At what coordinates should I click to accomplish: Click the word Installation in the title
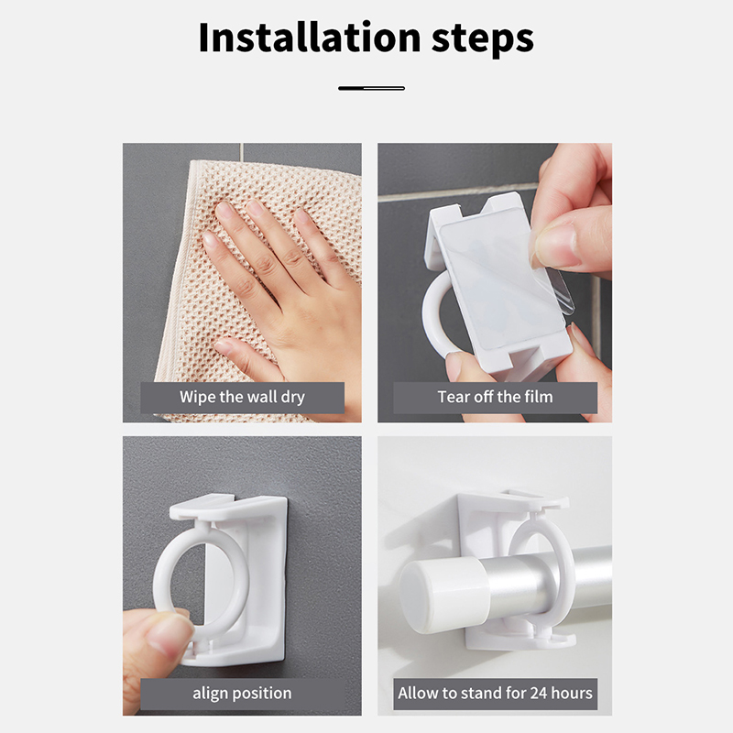(x=310, y=38)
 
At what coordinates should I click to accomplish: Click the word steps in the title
(x=483, y=39)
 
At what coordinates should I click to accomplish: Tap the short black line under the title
(x=371, y=88)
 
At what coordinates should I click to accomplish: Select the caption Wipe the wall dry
(x=242, y=397)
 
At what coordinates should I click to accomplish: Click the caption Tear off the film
(x=495, y=397)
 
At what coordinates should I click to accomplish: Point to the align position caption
(x=242, y=693)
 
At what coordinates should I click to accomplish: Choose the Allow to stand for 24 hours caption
(x=495, y=693)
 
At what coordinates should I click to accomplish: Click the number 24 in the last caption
(x=539, y=693)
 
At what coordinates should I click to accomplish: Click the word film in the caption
(x=539, y=397)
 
